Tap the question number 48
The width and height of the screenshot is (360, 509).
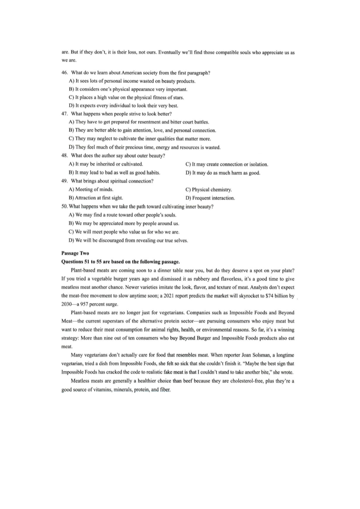pyautogui.click(x=65, y=156)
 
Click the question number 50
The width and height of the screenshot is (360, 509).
pyautogui.click(x=65, y=207)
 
